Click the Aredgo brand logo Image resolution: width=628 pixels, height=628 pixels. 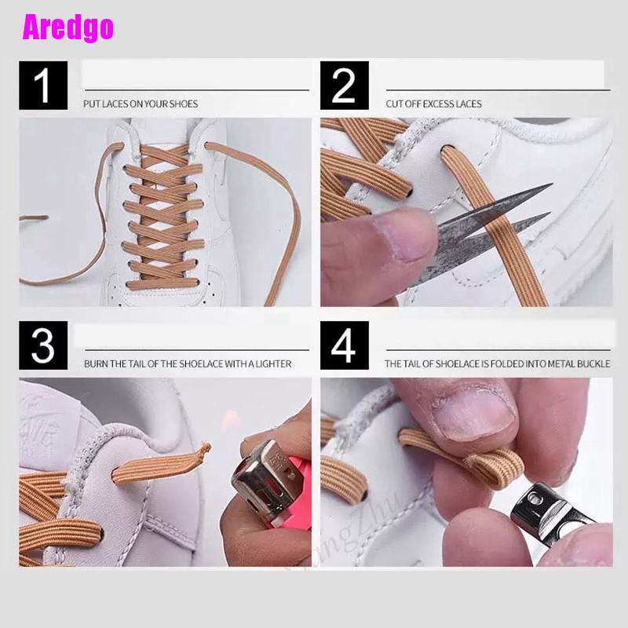pyautogui.click(x=68, y=28)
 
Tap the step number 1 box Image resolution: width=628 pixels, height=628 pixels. pyautogui.click(x=43, y=86)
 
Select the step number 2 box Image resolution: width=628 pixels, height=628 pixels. pyautogui.click(x=344, y=86)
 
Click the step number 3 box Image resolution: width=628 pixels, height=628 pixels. pyautogui.click(x=43, y=345)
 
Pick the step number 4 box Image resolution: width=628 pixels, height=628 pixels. pyautogui.click(x=344, y=345)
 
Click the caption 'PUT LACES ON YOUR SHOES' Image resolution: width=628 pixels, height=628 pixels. pyautogui.click(x=141, y=104)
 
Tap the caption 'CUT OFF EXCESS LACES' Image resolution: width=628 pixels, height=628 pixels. pyautogui.click(x=433, y=104)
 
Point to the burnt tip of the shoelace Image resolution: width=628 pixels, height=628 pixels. pyautogui.click(x=206, y=449)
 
